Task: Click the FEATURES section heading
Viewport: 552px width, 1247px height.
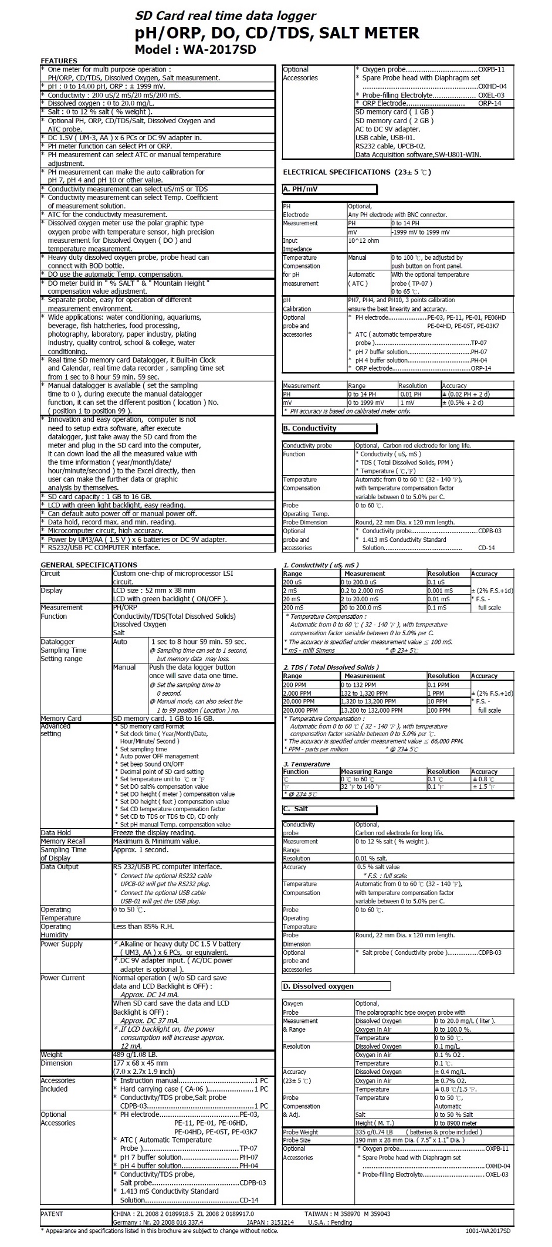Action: click(59, 61)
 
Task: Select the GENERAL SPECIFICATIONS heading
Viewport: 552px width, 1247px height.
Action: click(89, 565)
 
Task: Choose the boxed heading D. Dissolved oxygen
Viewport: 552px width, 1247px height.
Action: click(319, 987)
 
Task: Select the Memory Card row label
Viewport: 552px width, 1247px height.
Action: click(61, 719)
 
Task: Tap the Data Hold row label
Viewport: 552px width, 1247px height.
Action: click(56, 833)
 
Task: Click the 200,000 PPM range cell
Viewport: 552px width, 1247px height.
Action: click(300, 710)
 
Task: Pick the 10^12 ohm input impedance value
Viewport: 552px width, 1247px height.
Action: click(364, 240)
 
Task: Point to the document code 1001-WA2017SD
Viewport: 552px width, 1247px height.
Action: click(488, 1238)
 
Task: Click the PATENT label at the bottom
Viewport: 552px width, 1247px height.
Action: click(52, 1214)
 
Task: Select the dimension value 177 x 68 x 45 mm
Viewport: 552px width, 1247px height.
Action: click(140, 1063)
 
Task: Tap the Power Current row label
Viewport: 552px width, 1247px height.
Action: click(63, 978)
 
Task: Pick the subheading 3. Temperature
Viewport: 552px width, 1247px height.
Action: click(307, 764)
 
